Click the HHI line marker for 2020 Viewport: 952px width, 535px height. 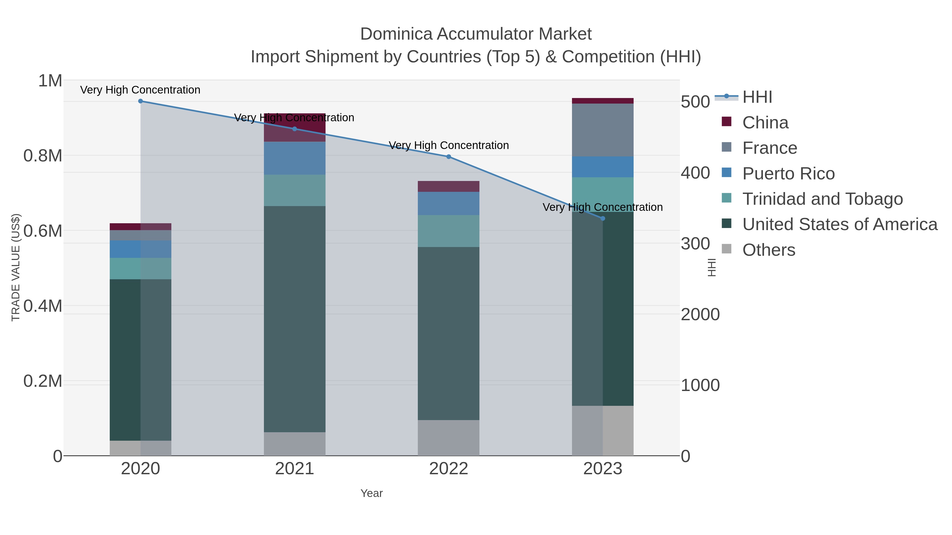point(140,101)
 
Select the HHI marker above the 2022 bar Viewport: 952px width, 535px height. point(449,157)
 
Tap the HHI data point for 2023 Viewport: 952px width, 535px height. point(603,218)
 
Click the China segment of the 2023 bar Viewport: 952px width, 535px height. point(603,101)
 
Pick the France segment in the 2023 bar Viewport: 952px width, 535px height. point(603,130)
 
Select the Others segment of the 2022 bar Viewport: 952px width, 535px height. point(449,438)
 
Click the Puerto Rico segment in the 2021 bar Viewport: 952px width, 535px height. point(295,158)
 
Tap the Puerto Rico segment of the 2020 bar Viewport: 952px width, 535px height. point(140,249)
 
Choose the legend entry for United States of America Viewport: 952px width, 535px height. point(840,225)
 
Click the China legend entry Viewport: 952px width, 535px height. point(765,123)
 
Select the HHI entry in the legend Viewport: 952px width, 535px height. point(757,97)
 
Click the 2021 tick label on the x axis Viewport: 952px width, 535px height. point(295,469)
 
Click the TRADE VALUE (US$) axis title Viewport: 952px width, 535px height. point(16,267)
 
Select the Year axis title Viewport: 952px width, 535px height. point(372,493)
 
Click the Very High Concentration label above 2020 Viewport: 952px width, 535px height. point(140,90)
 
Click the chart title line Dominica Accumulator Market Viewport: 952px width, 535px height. point(476,34)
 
